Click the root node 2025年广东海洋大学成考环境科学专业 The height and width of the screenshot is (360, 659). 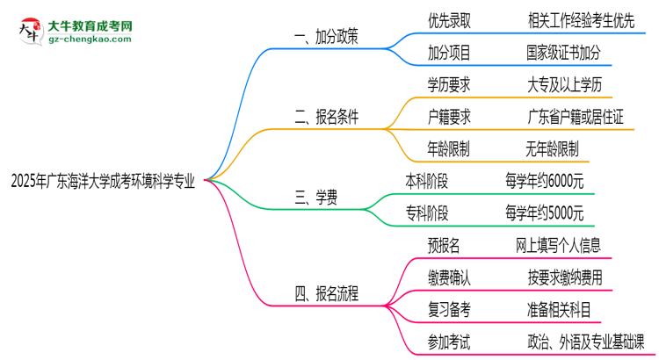103,182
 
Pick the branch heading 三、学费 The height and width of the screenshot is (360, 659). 317,198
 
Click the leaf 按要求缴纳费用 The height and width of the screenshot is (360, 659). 565,277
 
